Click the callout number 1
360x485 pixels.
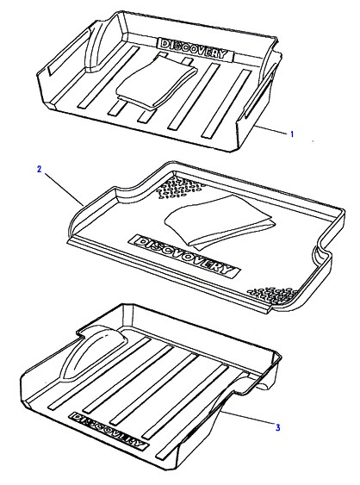292,134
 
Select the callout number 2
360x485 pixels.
39,169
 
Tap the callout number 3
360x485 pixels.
277,427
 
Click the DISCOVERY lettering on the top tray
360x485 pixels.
196,49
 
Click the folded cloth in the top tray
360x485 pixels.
157,82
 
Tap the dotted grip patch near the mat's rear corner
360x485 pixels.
179,188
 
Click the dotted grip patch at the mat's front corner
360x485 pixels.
273,295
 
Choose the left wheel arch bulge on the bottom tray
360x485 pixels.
93,352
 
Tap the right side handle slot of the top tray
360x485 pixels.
260,93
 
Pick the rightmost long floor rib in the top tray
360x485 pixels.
227,103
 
